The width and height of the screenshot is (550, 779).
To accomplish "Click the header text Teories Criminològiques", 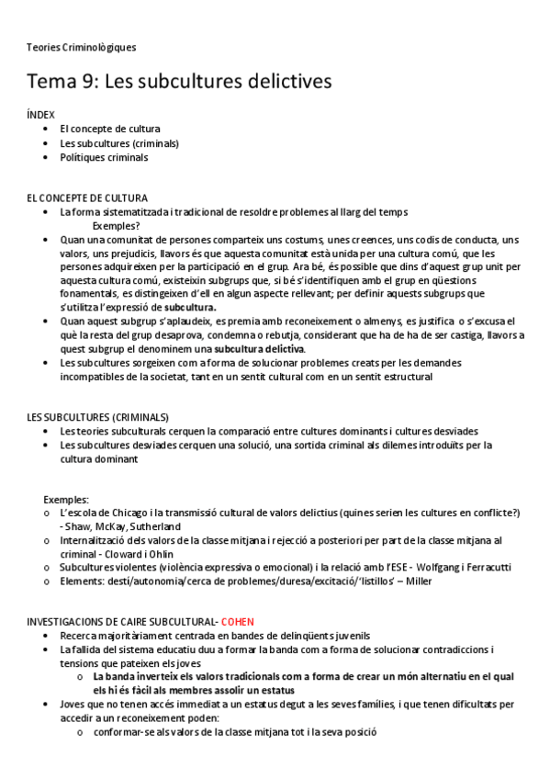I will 82,47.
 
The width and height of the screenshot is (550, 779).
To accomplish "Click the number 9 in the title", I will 92,82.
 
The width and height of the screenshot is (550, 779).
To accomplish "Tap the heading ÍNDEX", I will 41,115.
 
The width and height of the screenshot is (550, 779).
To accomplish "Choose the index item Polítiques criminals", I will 104,157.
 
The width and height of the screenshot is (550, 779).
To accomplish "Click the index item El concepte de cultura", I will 110,129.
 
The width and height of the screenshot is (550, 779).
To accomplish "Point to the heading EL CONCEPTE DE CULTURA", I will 87,198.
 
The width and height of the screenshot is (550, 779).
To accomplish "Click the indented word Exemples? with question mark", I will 117,225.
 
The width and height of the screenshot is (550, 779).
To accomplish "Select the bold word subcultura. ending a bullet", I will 190,307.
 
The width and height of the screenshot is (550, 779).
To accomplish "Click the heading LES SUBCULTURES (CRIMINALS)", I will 98,417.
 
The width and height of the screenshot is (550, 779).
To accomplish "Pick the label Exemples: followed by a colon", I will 66,499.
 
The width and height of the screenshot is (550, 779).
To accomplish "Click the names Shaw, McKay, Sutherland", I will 120,526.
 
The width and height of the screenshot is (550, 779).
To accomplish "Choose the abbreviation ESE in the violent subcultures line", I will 394,567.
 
